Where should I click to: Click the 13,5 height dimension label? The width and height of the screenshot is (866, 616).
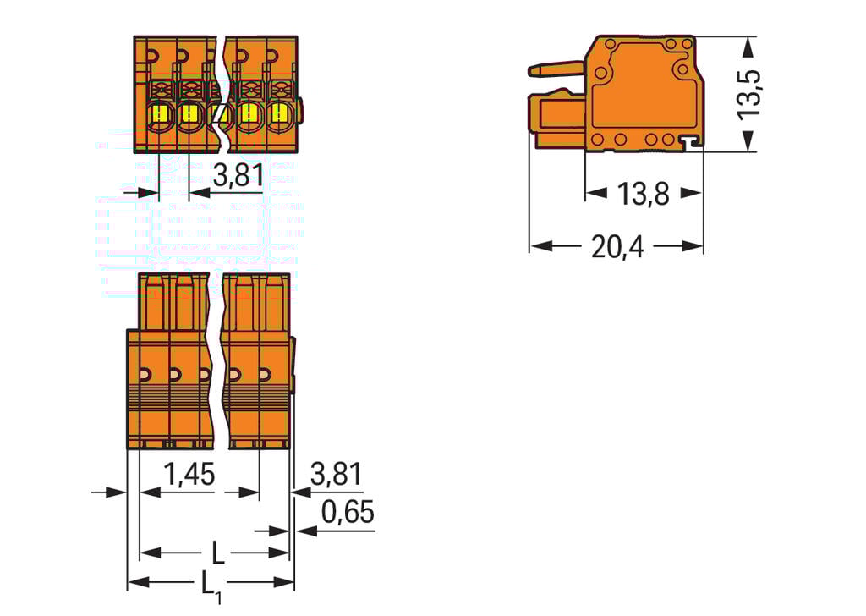(749, 93)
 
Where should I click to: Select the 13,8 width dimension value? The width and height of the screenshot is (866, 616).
(643, 195)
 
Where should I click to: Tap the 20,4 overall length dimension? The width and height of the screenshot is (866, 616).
(617, 247)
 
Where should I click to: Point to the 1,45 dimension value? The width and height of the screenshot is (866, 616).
(189, 475)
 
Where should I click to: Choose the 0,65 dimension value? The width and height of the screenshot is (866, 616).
(347, 513)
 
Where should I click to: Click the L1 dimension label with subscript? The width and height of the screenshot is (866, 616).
(211, 585)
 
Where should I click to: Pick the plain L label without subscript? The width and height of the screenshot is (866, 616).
(217, 554)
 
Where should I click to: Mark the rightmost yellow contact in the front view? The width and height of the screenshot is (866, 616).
(278, 113)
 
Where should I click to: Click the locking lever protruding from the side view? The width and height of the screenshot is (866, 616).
(556, 69)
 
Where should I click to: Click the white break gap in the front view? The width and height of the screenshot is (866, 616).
(222, 93)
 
